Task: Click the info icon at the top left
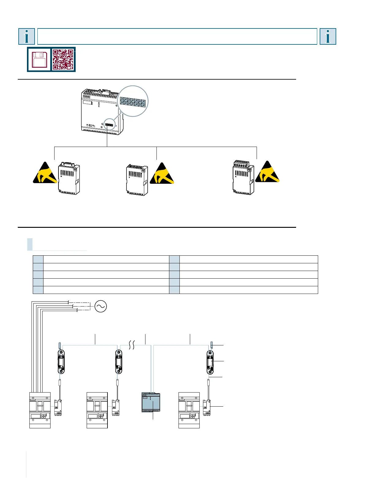[27, 36]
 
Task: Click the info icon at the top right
[328, 36]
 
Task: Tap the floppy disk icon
[39, 59]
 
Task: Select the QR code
[63, 59]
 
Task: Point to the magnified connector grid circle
[133, 101]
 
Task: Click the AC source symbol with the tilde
[101, 306]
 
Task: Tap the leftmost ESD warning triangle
[45, 173]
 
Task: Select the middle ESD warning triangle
[162, 174]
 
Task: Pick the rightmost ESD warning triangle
[267, 172]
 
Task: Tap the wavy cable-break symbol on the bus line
[131, 345]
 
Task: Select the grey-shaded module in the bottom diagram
[151, 402]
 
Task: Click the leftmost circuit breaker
[40, 410]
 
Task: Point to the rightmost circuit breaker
[189, 410]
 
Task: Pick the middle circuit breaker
[97, 410]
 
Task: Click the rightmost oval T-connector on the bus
[210, 362]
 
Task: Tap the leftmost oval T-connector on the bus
[62, 362]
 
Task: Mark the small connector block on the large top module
[109, 125]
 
